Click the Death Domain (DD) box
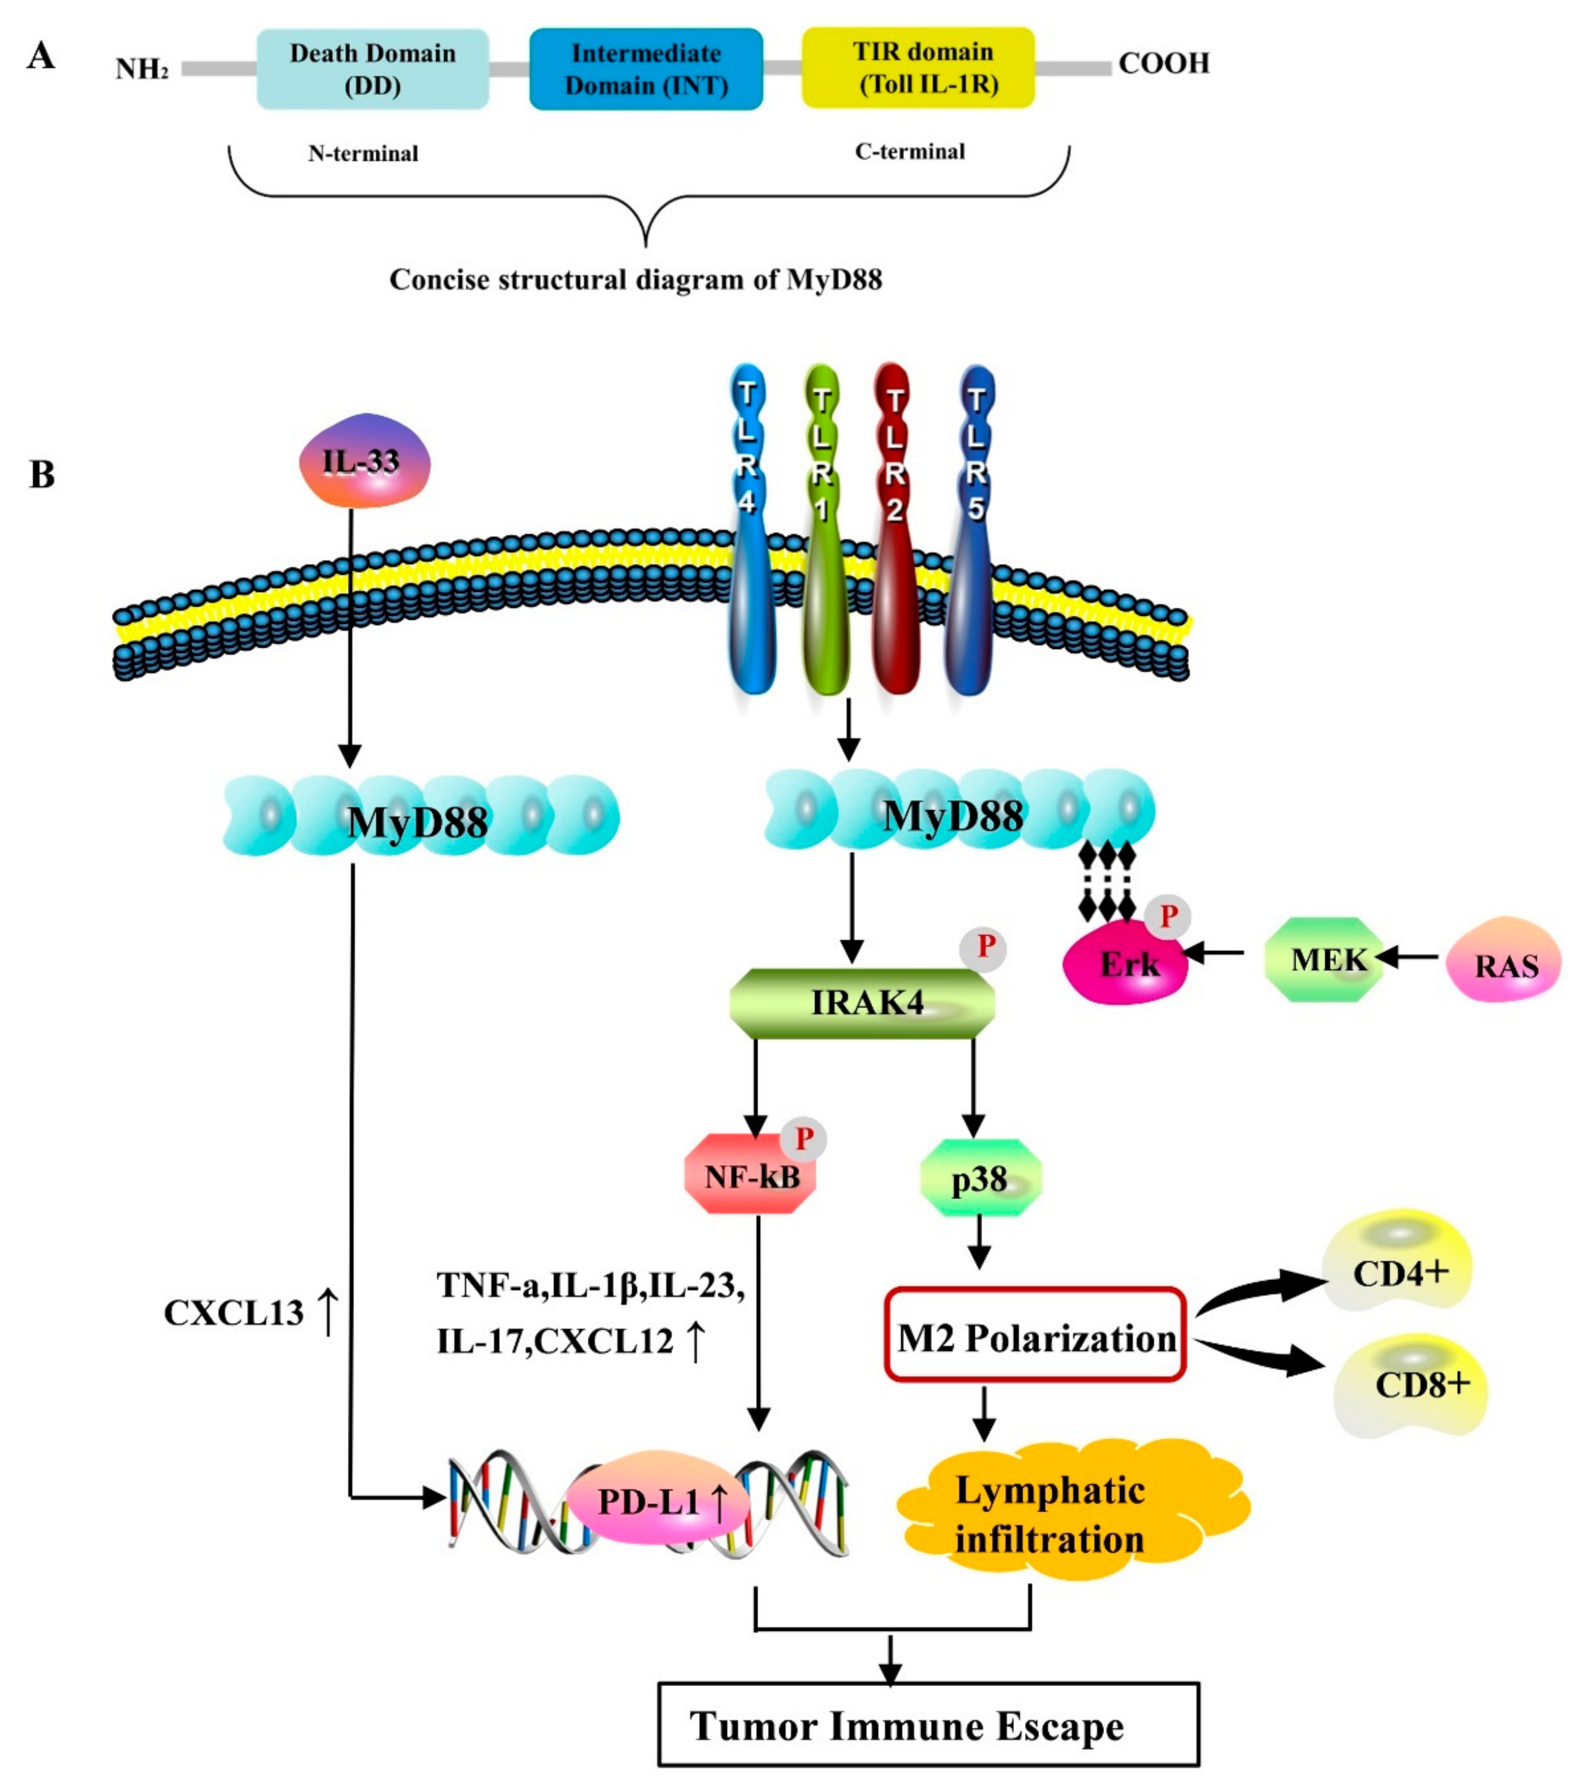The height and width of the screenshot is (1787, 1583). tap(372, 69)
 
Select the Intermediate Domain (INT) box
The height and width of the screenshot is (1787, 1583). tap(645, 69)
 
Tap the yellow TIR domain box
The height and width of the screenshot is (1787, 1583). tap(918, 67)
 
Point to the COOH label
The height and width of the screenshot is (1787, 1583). tap(1163, 64)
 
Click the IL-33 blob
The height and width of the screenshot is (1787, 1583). tap(364, 462)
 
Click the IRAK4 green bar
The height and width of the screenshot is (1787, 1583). tap(862, 1002)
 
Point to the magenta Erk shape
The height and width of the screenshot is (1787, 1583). tap(1125, 965)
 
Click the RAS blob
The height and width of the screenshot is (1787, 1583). tap(1503, 960)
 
